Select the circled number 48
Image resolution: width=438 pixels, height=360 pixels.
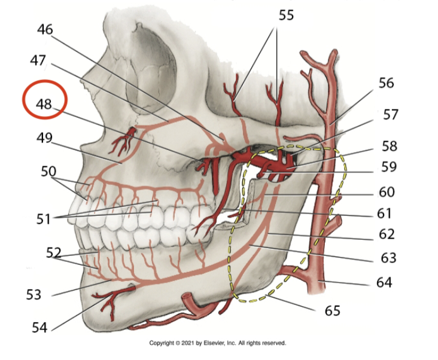pyautogui.click(x=44, y=103)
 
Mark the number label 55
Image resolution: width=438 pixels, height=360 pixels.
pyautogui.click(x=286, y=15)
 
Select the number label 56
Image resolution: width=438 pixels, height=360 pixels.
pyautogui.click(x=386, y=82)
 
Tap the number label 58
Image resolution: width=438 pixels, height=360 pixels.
pyautogui.click(x=389, y=146)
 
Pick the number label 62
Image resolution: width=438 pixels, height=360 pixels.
pyautogui.click(x=388, y=233)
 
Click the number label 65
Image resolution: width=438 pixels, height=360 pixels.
pyautogui.click(x=332, y=310)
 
